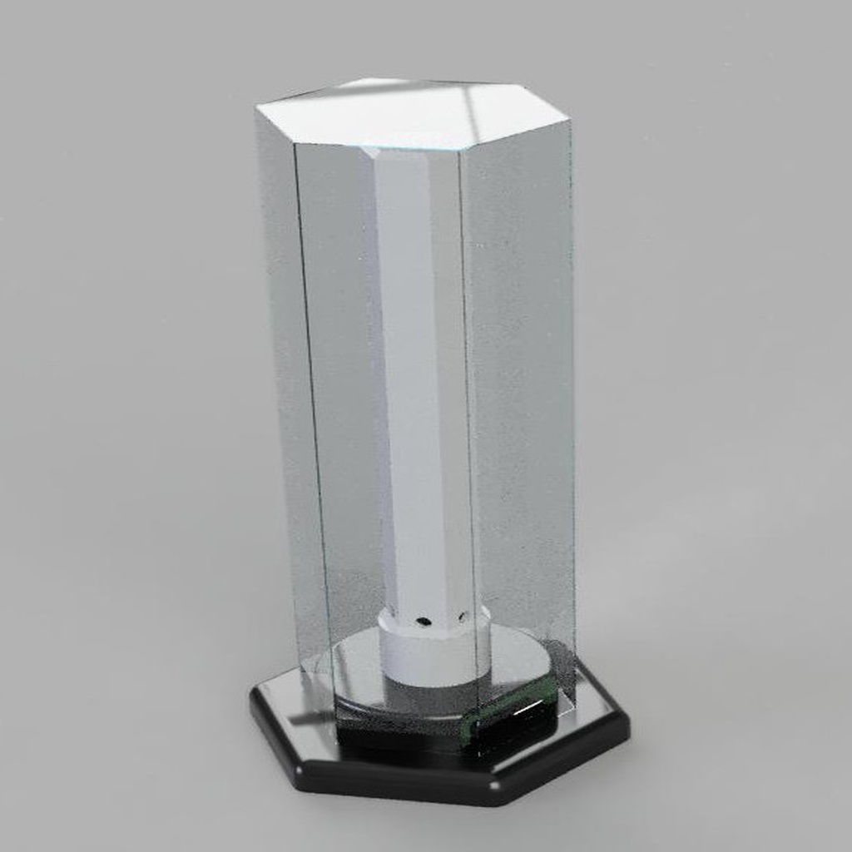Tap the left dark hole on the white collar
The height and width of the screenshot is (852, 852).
pos(424,621)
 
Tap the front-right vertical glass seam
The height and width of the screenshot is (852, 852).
pos(468,416)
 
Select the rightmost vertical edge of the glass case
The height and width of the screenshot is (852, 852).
pos(572,399)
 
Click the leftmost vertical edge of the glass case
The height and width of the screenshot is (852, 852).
pos(265,374)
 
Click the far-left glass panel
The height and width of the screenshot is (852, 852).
pos(283,374)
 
